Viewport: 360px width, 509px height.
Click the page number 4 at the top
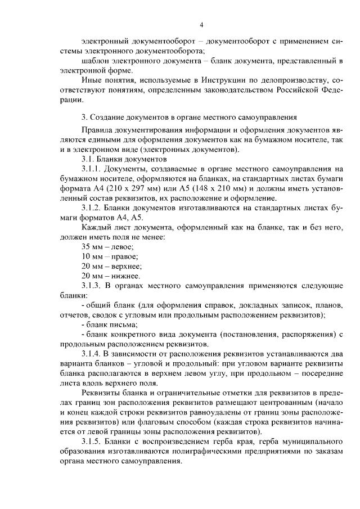[x=201, y=25]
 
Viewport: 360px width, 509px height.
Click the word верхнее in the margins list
[x=127, y=266]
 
